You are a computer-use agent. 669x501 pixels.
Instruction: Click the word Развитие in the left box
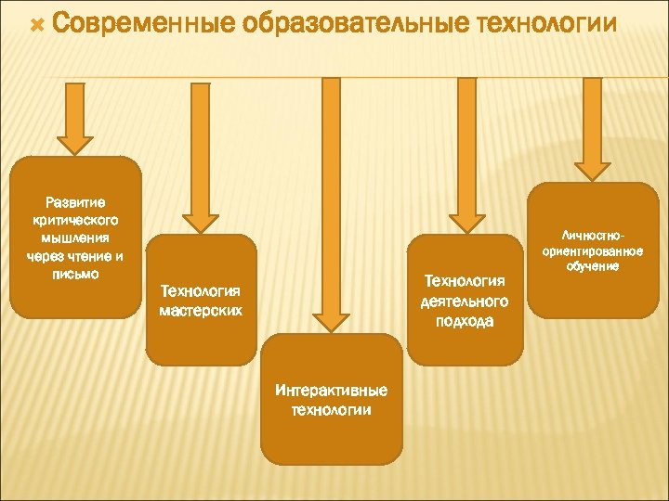tap(75, 201)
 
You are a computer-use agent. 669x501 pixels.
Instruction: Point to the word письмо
tap(75, 275)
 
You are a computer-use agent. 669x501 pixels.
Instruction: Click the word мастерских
tap(201, 311)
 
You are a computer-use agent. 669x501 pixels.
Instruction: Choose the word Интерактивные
tap(332, 391)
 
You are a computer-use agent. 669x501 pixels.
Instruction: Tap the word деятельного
tap(464, 301)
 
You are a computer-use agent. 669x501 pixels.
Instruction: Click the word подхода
tap(464, 321)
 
